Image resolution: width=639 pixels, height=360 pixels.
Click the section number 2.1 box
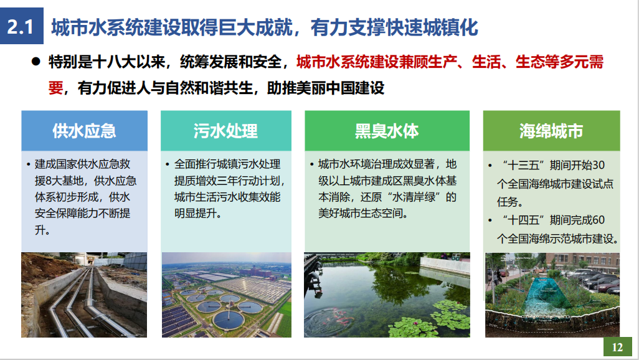[x=22, y=26]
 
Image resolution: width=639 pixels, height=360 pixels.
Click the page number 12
[x=617, y=347]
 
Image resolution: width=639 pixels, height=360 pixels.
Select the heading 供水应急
[x=84, y=131]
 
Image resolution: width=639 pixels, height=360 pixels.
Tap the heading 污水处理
[x=225, y=131]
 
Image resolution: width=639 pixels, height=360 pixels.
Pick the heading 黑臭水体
[x=387, y=131]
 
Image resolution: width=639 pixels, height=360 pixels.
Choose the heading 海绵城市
[x=551, y=131]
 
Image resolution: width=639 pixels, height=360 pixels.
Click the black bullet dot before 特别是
[x=36, y=62]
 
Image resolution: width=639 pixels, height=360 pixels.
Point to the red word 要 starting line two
[x=56, y=88]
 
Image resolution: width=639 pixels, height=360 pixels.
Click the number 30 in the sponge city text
[x=599, y=165]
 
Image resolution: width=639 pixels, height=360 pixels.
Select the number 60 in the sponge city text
[x=599, y=220]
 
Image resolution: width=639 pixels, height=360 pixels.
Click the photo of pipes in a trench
[x=84, y=295]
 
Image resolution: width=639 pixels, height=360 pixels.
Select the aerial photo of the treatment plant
[x=227, y=295]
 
